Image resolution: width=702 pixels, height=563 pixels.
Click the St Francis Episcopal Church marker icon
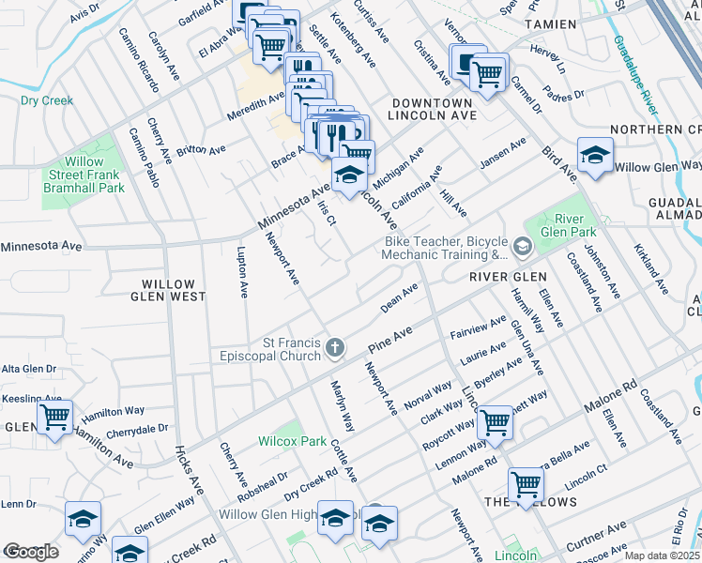(x=335, y=350)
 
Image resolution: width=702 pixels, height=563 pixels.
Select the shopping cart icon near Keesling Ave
(x=54, y=416)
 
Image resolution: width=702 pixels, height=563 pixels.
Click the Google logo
(x=31, y=552)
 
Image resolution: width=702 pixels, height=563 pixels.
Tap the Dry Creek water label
(x=47, y=99)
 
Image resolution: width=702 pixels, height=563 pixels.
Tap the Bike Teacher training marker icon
(x=522, y=248)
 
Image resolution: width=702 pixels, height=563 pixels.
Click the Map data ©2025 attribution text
(x=661, y=555)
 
